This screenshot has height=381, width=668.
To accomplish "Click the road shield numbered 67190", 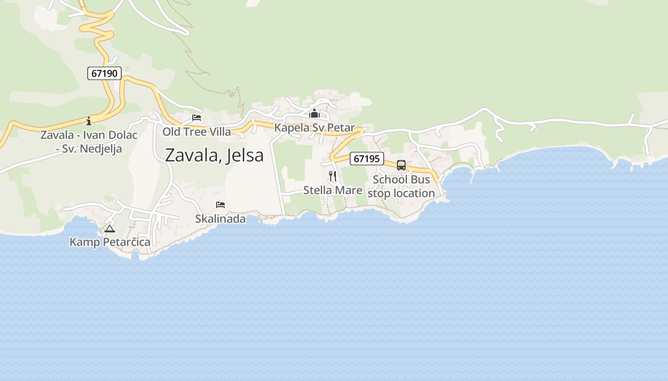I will click(x=104, y=73).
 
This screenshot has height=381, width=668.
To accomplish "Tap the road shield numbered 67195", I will click(x=367, y=159).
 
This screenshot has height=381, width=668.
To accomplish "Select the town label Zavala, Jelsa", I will click(x=214, y=155).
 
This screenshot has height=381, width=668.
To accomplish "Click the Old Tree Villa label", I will click(x=197, y=131).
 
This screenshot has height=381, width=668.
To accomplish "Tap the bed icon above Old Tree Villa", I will click(x=197, y=118).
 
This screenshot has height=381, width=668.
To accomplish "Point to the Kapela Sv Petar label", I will click(x=314, y=128).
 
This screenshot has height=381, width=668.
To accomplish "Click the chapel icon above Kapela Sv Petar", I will click(x=314, y=114).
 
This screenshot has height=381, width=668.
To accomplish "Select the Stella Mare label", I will click(x=333, y=190).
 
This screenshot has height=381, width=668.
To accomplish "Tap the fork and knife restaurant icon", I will click(x=333, y=176).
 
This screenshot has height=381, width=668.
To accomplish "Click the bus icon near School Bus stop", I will click(x=401, y=165).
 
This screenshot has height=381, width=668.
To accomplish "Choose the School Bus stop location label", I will click(x=401, y=186).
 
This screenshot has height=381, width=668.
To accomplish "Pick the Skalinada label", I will click(x=220, y=219).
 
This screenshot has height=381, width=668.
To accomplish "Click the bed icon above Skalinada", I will click(x=220, y=205).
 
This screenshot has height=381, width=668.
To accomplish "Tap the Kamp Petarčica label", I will click(x=110, y=242).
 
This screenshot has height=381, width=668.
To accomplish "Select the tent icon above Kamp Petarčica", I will click(x=110, y=229).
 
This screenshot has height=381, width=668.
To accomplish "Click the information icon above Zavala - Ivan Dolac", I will click(x=89, y=120).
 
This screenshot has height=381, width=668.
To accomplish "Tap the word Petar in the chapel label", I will click(x=341, y=128).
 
